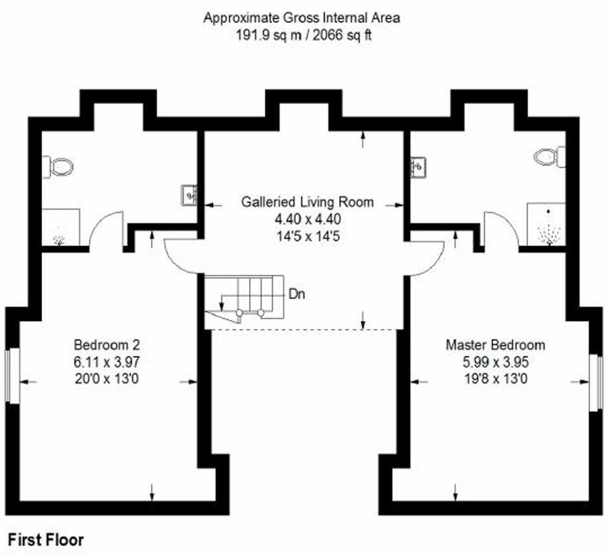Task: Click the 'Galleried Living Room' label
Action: tap(307, 202)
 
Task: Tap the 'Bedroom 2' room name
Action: tap(106, 345)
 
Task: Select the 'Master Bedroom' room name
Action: tap(495, 345)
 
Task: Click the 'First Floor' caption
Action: tap(46, 540)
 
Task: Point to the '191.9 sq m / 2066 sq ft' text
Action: tap(304, 35)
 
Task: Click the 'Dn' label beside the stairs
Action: tap(296, 294)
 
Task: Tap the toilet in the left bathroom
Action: tap(59, 166)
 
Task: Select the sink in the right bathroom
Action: tap(418, 167)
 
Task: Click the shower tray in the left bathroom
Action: tap(60, 228)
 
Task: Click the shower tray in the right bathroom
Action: tap(547, 224)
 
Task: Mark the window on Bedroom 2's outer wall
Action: tap(13, 375)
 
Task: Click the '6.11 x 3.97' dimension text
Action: tap(106, 362)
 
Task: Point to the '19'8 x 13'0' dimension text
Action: tap(495, 379)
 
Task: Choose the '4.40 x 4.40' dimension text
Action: tap(307, 219)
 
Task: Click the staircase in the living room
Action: tap(244, 297)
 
